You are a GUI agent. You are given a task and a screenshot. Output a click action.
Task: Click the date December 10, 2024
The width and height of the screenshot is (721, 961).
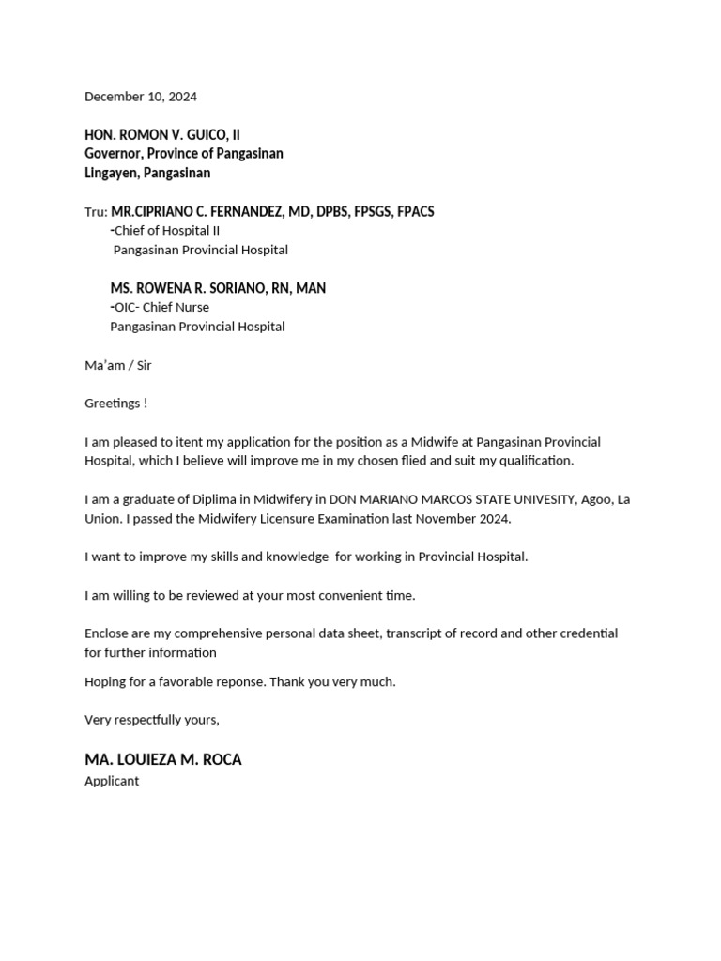tap(141, 97)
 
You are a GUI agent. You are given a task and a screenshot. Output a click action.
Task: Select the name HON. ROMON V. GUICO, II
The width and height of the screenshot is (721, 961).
tap(162, 135)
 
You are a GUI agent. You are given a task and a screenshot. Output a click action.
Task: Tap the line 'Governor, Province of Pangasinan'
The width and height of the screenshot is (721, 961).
tap(184, 154)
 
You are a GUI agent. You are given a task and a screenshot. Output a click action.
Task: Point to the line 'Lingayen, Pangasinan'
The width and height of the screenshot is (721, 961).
tap(147, 174)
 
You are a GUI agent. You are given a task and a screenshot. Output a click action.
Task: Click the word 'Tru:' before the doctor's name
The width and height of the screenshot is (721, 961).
tap(96, 212)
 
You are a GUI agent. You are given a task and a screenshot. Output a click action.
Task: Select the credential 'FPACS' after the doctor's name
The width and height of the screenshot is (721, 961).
tap(414, 212)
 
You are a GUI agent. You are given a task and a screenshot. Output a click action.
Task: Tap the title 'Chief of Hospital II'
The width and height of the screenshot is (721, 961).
tap(167, 231)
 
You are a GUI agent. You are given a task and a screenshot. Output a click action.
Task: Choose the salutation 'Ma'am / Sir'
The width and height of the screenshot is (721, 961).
tap(118, 365)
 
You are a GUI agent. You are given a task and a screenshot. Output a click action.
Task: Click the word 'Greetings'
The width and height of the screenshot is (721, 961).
tap(112, 404)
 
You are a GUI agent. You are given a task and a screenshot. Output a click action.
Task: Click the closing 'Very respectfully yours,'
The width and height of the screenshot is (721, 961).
tap(152, 720)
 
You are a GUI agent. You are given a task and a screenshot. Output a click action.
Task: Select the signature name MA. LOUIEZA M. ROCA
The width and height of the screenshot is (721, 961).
tap(163, 759)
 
